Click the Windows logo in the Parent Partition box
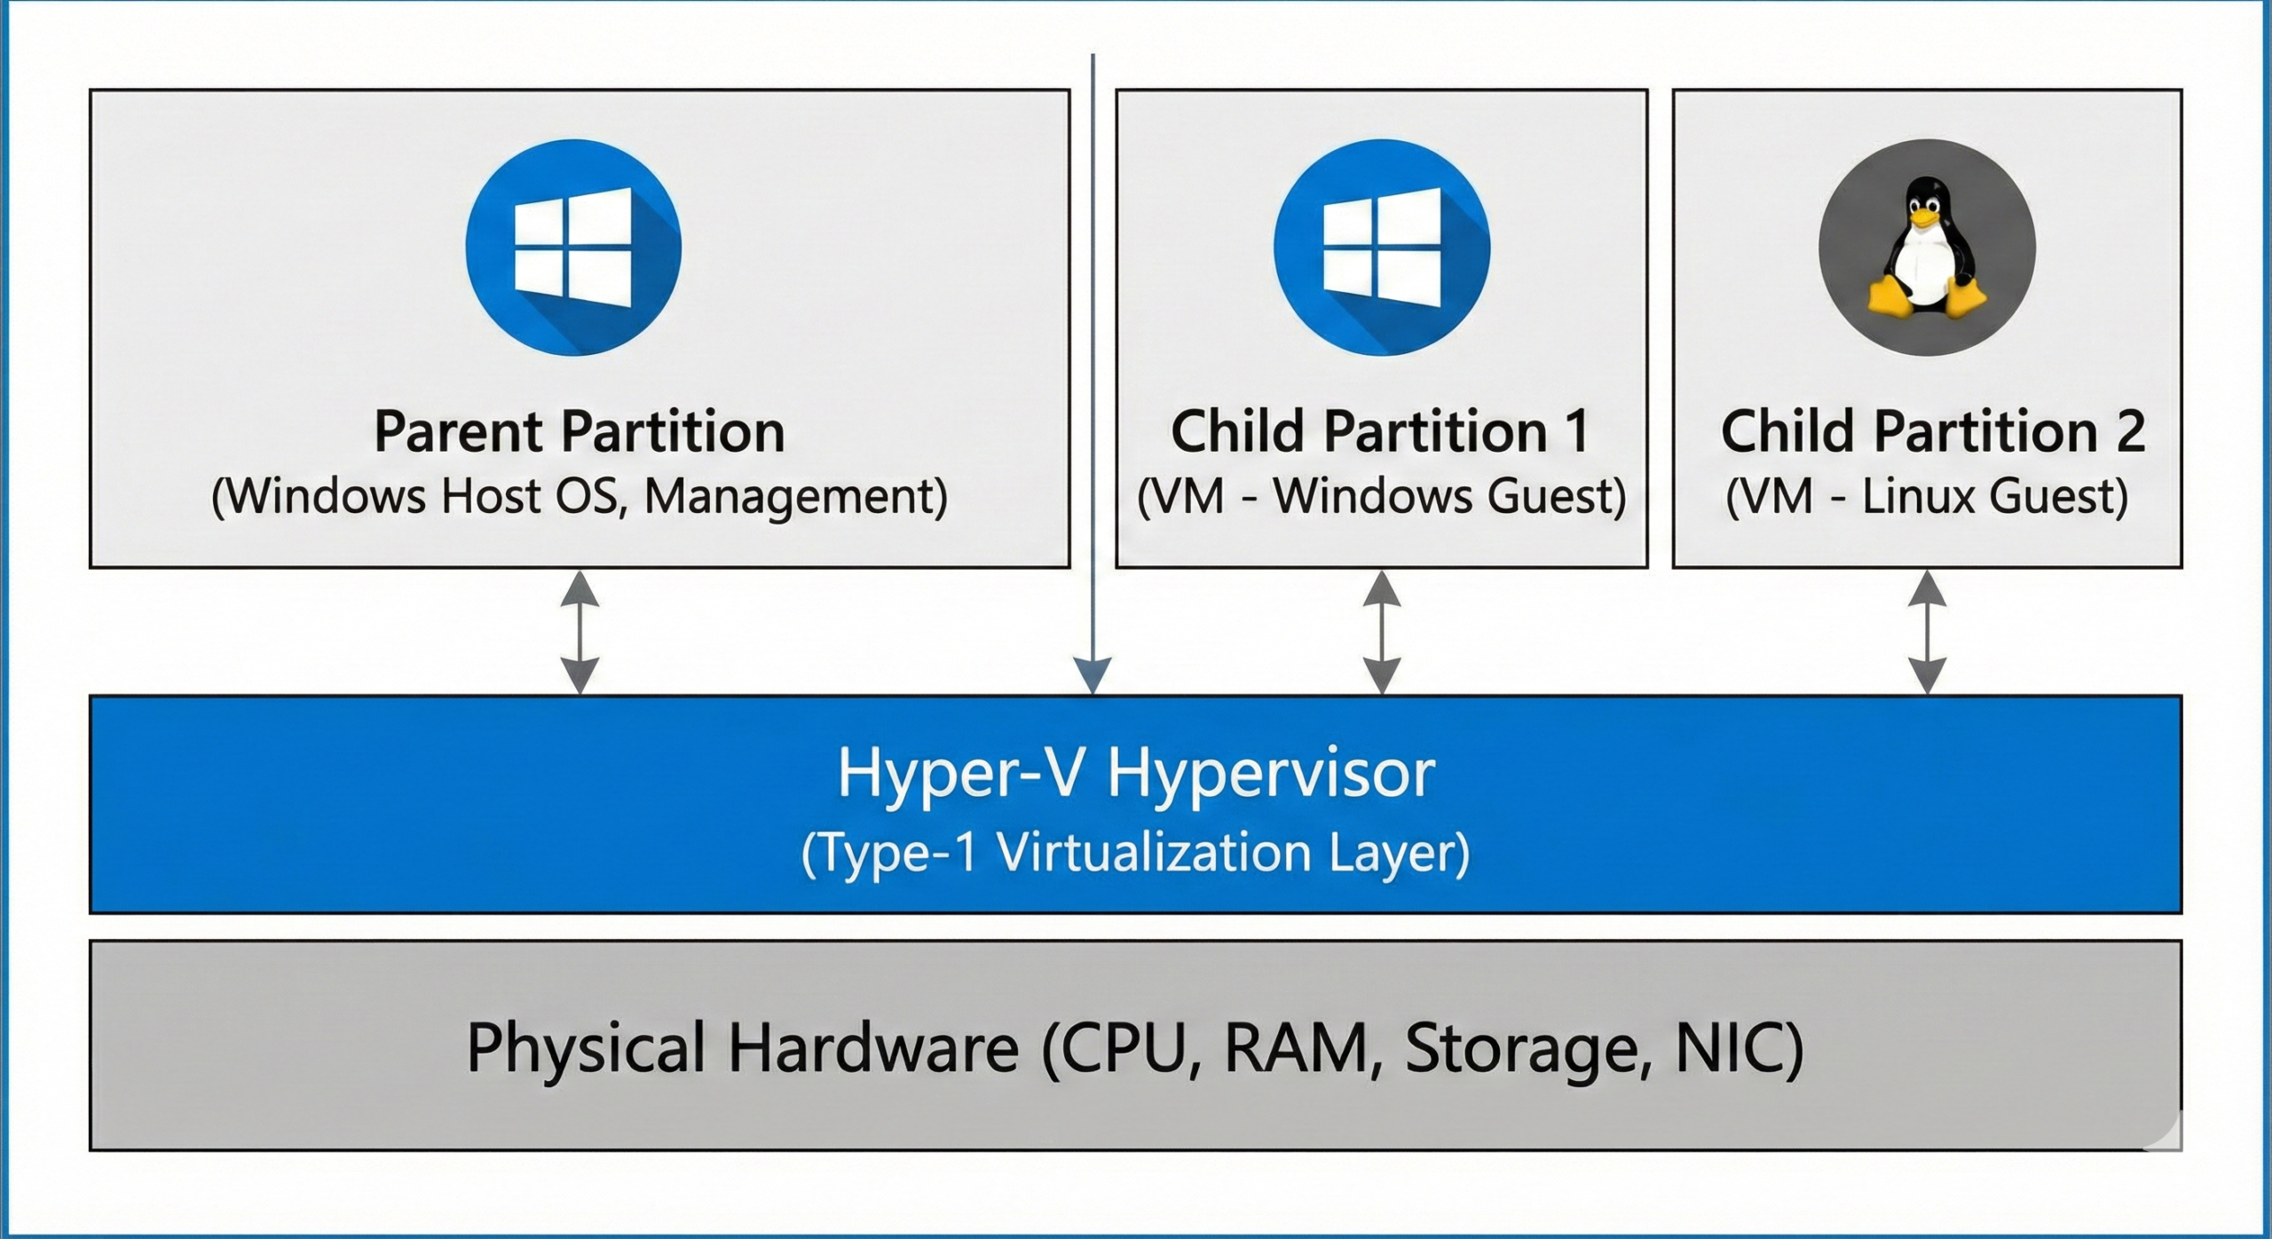pyautogui.click(x=573, y=247)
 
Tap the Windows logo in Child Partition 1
pyautogui.click(x=1382, y=247)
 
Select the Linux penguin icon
pyautogui.click(x=1927, y=247)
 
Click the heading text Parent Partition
pyautogui.click(x=580, y=432)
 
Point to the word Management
pyautogui.click(x=795, y=496)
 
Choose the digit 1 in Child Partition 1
pyautogui.click(x=1578, y=432)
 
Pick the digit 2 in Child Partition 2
pyautogui.click(x=2129, y=432)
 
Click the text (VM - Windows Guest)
pyautogui.click(x=1382, y=496)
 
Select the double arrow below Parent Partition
pyautogui.click(x=580, y=632)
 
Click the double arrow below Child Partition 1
pyautogui.click(x=1382, y=632)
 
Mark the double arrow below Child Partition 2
pyautogui.click(x=1927, y=632)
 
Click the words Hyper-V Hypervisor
pyautogui.click(x=1135, y=773)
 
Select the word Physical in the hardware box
pyautogui.click(x=586, y=1048)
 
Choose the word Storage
pyautogui.click(x=1518, y=1048)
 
